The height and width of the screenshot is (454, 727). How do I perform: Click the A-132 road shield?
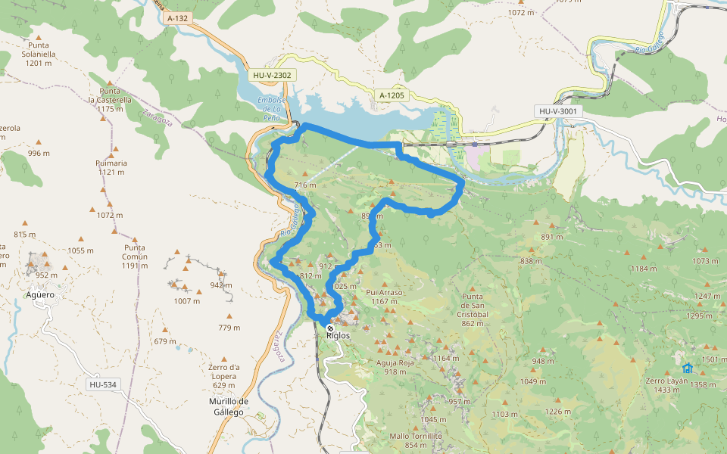[177, 17]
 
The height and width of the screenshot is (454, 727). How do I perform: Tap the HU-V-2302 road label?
[273, 75]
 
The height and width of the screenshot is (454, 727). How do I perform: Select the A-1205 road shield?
[392, 95]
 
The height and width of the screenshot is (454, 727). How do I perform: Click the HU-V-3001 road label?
[558, 111]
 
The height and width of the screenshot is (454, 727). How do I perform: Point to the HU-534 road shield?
[102, 384]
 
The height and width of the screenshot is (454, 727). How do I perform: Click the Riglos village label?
[338, 335]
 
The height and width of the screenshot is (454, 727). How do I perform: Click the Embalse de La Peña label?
[271, 108]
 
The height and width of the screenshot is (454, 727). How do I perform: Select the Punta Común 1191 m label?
[135, 256]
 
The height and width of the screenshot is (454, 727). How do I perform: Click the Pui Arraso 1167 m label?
[384, 296]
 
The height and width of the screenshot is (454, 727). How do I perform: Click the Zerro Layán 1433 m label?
[666, 384]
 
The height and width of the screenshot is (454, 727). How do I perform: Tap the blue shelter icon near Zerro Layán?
[687, 368]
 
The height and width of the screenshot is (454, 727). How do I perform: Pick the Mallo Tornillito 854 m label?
[416, 440]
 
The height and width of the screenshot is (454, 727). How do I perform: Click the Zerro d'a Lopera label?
[223, 376]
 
